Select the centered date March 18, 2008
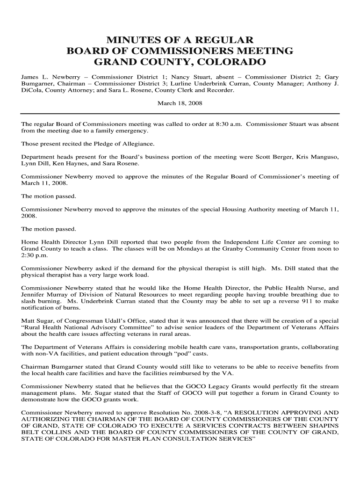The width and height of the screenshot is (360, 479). (x=180, y=103)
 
